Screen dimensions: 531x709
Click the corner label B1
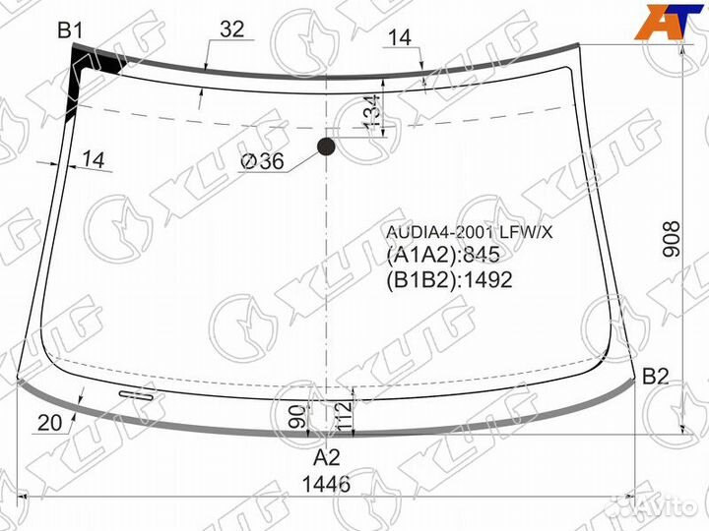point(69,30)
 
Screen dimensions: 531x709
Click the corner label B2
point(656,376)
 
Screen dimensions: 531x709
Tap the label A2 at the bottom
point(327,457)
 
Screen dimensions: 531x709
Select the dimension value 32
point(231,30)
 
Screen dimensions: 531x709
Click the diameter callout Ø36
point(261,162)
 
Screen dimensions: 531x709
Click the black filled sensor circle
point(326,148)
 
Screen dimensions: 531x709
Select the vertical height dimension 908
point(672,238)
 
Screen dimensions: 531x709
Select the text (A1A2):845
point(443,256)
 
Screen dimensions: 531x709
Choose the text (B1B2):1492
point(449,279)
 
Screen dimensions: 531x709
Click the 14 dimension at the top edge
point(399,38)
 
